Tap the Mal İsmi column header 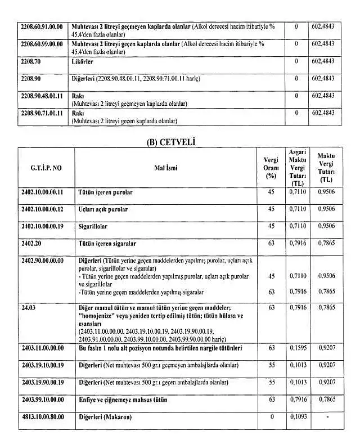pos(165,167)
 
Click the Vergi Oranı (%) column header pos(271,167)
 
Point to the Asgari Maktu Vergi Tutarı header pos(298,167)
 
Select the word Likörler pos(83,61)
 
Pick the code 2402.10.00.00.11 pos(43,192)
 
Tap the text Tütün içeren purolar pos(105,192)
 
